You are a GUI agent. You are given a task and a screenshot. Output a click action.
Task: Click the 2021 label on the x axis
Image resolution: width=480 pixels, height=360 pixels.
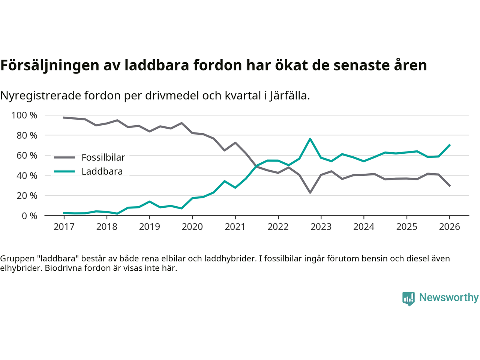[x=235, y=227]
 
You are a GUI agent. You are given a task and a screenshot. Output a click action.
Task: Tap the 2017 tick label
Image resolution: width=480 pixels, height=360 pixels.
[x=64, y=227]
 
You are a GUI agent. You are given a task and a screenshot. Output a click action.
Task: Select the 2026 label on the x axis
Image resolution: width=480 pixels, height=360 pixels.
[x=449, y=227]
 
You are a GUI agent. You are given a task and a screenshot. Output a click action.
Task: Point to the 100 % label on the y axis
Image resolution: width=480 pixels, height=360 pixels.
[x=24, y=115]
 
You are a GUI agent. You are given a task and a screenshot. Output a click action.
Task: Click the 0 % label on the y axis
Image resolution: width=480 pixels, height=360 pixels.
[x=29, y=216]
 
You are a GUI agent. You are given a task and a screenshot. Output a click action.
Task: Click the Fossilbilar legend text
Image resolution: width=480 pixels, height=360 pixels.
[x=103, y=157]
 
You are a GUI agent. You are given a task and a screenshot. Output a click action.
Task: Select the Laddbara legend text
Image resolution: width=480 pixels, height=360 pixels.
[x=102, y=172]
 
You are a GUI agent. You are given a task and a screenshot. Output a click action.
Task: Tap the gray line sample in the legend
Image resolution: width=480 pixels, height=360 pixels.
[x=64, y=157]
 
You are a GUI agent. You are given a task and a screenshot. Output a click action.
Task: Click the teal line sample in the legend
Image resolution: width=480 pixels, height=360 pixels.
[x=64, y=172]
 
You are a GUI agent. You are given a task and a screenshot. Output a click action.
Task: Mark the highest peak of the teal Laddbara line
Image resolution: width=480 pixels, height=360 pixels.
[x=310, y=139]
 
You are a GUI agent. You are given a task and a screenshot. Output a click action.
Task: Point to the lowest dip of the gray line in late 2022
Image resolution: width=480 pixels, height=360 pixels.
[x=310, y=192]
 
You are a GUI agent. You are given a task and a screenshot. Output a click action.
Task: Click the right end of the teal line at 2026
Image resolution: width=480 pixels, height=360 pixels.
[x=450, y=145]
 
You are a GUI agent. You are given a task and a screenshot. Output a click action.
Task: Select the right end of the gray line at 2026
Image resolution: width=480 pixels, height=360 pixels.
[x=450, y=186]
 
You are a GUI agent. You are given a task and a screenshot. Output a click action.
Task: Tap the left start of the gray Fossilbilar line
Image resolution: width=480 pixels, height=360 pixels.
[x=64, y=117]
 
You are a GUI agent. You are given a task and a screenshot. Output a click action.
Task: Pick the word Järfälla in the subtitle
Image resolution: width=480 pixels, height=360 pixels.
[x=289, y=96]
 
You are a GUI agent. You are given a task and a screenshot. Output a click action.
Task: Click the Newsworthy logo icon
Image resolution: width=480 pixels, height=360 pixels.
[x=408, y=298]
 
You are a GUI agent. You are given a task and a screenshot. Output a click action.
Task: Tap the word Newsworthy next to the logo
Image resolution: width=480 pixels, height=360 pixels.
[x=448, y=297]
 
